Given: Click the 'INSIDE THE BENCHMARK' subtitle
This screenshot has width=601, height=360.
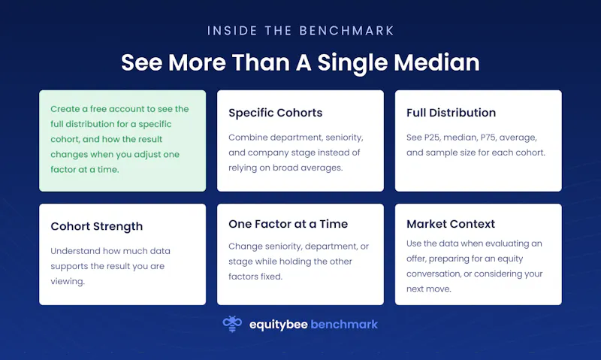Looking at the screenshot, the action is click(x=300, y=31).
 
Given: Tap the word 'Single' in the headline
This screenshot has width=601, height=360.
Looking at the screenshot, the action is click(x=352, y=63).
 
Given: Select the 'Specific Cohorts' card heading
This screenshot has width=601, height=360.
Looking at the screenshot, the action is click(x=275, y=113).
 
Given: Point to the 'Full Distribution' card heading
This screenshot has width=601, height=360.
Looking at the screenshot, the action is click(x=452, y=113).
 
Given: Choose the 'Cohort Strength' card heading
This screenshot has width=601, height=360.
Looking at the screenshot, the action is click(x=97, y=226).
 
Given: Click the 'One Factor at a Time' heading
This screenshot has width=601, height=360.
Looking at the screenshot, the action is click(x=288, y=224).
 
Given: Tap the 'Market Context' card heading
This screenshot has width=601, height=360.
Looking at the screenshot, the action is click(x=451, y=224).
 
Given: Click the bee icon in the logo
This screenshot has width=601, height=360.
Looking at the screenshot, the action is click(x=232, y=324).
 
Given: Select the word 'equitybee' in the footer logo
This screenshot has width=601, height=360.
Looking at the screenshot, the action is click(x=278, y=325).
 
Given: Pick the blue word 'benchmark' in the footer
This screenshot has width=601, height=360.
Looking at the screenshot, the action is click(x=344, y=325).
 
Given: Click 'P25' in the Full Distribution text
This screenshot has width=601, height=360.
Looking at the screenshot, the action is click(x=433, y=138).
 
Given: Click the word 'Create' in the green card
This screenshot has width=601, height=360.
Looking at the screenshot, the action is click(x=65, y=109).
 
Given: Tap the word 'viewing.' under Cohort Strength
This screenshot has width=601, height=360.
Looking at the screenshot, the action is click(x=68, y=281).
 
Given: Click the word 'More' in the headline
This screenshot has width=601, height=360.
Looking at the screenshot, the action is click(x=197, y=62).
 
